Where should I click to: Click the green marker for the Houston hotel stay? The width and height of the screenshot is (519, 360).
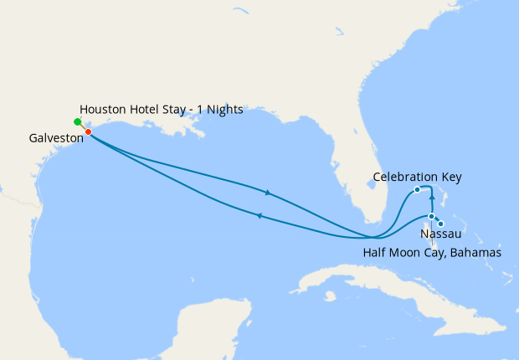click(x=78, y=122)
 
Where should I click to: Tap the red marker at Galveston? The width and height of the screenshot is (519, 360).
click(x=88, y=131)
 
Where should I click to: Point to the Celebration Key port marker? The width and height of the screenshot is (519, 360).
click(x=417, y=189)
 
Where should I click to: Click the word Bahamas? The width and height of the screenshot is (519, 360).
click(x=475, y=252)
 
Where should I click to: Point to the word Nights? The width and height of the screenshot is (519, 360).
click(x=224, y=110)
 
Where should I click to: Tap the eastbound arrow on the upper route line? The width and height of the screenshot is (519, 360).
click(x=268, y=193)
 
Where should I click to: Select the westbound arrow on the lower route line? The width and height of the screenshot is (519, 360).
click(x=259, y=216)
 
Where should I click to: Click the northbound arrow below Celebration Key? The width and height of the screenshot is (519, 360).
click(x=431, y=199)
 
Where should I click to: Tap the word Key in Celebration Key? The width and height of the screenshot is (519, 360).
click(x=450, y=177)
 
